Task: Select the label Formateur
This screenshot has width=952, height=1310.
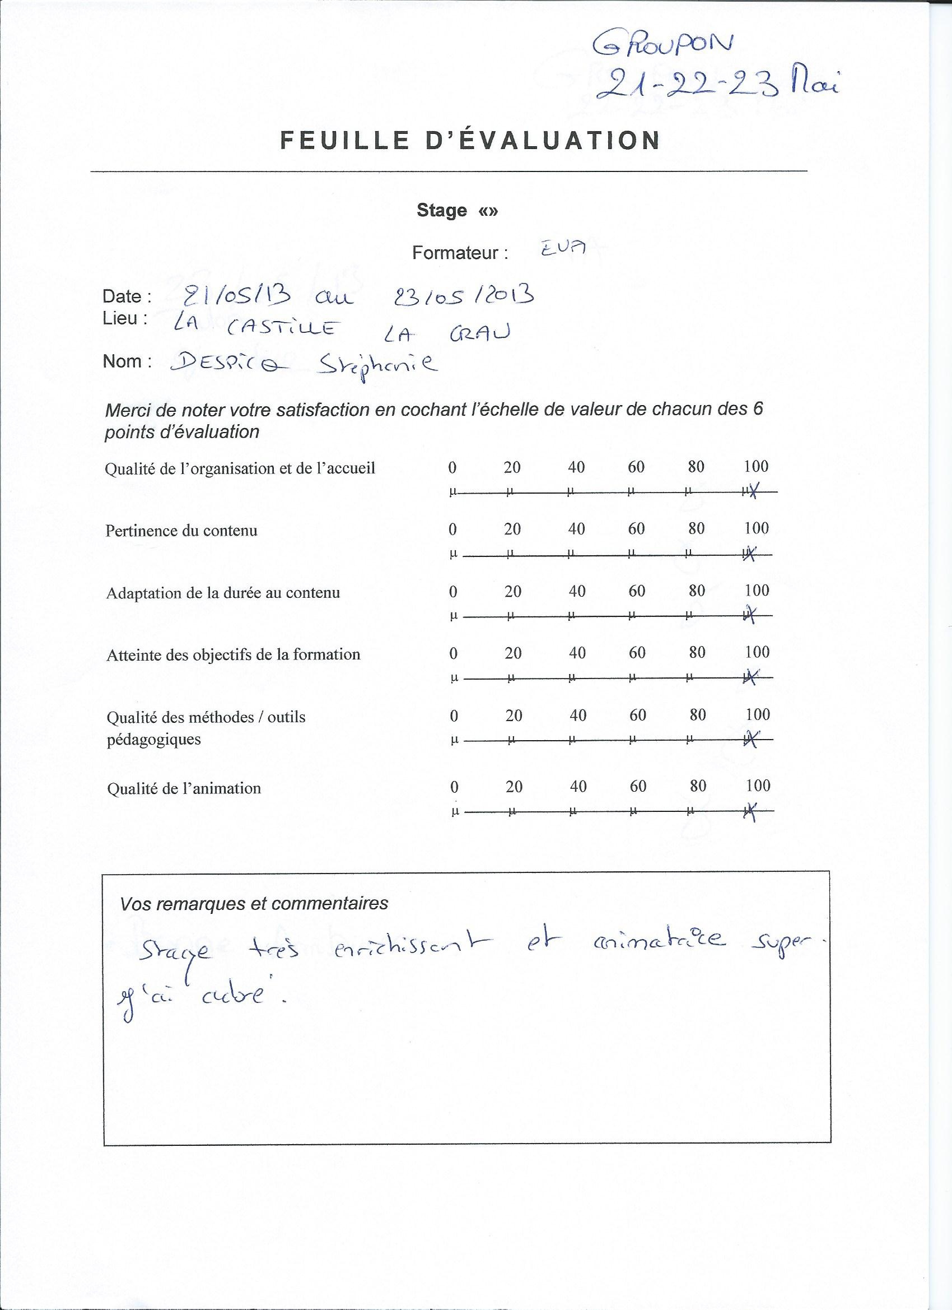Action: click(460, 253)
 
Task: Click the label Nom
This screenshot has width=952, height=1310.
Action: click(127, 361)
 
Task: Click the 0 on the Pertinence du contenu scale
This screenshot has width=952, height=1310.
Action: click(452, 529)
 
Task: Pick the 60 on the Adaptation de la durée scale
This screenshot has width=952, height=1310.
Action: click(637, 591)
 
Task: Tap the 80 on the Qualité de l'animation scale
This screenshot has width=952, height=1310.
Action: click(698, 786)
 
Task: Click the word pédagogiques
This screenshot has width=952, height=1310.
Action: click(153, 740)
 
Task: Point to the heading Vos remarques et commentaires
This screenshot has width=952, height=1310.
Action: click(254, 903)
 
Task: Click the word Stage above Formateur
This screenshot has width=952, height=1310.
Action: click(442, 210)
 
